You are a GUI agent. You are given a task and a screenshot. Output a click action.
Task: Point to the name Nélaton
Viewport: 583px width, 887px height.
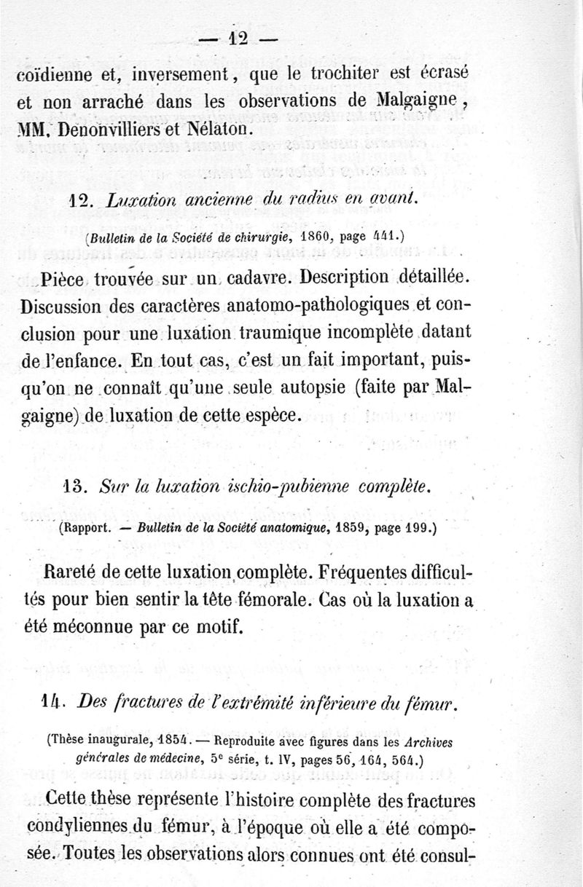coord(217,131)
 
